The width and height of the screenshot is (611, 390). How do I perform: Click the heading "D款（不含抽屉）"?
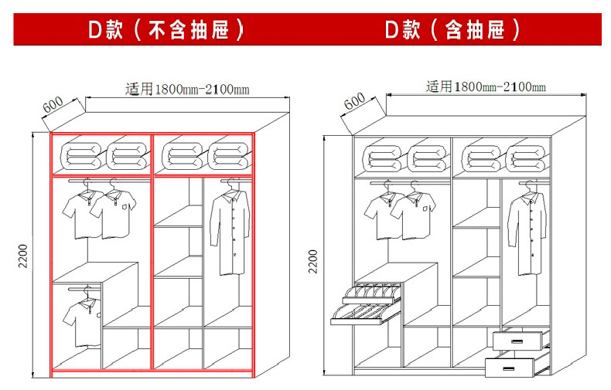[x=166, y=29]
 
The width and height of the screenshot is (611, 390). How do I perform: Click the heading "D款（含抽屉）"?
[x=452, y=29]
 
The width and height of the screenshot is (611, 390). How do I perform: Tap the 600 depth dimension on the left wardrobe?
[x=53, y=104]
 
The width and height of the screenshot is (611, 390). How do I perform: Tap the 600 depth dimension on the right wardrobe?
[x=354, y=101]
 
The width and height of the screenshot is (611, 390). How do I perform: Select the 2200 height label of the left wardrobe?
[x=23, y=256]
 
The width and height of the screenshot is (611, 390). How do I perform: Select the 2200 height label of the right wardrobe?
[x=313, y=261]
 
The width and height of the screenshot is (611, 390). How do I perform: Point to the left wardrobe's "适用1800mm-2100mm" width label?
[x=187, y=89]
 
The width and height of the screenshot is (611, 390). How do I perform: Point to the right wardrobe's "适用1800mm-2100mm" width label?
[x=486, y=86]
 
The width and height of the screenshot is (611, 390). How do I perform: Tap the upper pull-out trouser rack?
[x=372, y=294]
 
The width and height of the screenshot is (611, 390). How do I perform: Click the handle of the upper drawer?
[x=517, y=341]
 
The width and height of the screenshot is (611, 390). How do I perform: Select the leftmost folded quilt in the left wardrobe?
[x=80, y=156]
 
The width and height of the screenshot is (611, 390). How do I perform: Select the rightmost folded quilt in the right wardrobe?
[x=526, y=158]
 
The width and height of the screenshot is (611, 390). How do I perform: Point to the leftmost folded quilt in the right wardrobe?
[x=384, y=158]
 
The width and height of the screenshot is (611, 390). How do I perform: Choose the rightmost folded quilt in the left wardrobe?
[x=230, y=156]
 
